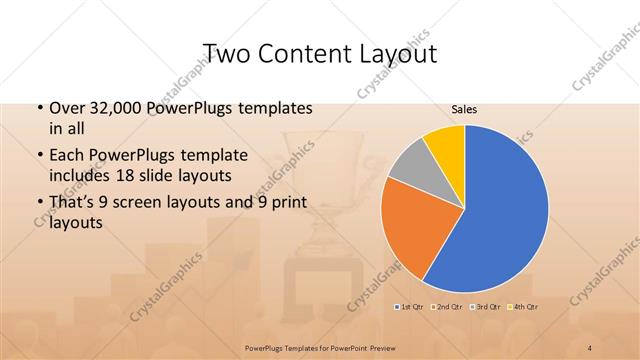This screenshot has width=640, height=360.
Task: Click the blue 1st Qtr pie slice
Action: pos(505,210)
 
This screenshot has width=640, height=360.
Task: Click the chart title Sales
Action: pos(463,109)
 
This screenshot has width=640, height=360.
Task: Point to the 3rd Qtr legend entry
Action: pos(487,306)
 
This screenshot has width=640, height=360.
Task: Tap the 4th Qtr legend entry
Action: pos(524,306)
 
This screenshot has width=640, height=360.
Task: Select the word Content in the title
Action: pos(309,53)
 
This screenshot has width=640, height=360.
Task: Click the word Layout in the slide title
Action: pos(399,53)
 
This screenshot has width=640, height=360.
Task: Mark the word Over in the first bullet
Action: pos(67,108)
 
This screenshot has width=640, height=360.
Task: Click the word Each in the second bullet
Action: pos(68,155)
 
